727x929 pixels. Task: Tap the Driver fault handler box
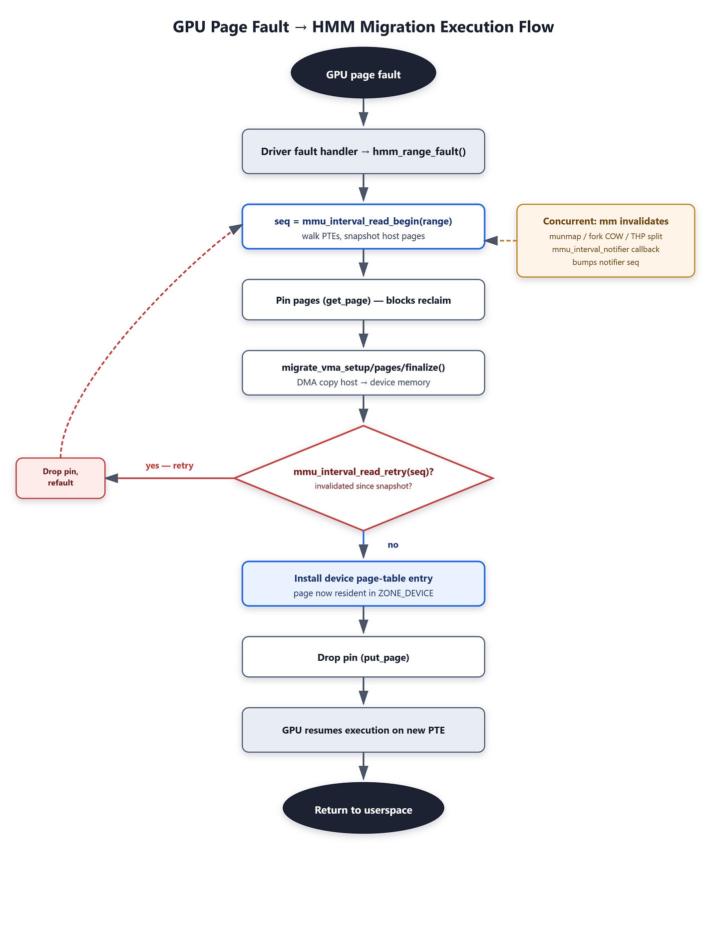363,151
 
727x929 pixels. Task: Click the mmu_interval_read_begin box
363,226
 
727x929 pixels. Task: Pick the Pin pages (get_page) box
363,300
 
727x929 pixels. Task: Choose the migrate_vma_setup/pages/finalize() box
363,373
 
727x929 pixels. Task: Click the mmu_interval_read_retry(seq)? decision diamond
363,478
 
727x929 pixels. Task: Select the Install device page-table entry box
363,584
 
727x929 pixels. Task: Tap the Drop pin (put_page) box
363,657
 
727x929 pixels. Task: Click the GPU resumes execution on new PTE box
363,730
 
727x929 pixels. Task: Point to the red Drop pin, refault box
60,478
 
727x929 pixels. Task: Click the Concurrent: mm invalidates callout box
606,241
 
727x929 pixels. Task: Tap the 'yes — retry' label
169,465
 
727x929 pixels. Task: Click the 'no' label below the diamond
393,545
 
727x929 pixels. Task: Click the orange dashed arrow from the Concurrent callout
501,241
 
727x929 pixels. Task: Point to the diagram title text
363,26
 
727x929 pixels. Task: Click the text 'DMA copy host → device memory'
363,383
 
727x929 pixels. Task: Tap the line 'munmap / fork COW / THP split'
606,236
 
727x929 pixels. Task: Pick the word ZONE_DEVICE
405,593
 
